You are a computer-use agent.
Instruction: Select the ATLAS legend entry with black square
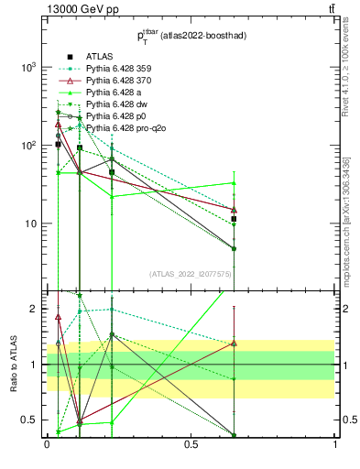coord(99,55)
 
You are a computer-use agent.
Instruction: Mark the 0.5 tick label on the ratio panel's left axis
coord(30,420)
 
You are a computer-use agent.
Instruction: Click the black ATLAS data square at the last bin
coord(235,219)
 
